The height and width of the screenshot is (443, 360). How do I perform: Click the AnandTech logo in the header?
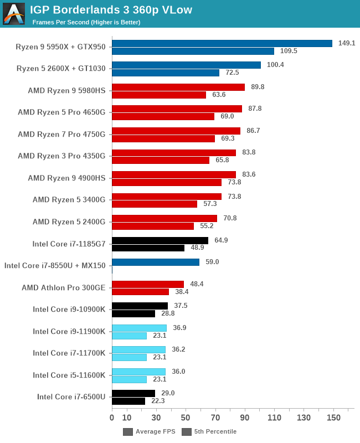coord(14,14)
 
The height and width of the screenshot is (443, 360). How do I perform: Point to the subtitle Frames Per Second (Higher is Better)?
coord(86,22)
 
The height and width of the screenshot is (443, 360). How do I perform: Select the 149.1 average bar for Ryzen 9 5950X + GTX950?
coord(222,43)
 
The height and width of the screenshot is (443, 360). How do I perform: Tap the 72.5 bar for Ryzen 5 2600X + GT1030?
coord(166,73)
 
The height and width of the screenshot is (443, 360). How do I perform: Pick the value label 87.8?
coord(255,109)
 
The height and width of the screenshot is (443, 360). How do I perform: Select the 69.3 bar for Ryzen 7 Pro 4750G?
coord(163,138)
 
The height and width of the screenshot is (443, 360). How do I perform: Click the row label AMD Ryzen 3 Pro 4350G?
coord(61,156)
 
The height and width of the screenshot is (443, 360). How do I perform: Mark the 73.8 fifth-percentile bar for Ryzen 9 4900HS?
coord(167,182)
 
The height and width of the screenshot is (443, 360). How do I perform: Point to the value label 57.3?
coord(210,204)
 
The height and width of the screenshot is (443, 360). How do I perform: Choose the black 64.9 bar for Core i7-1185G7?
coord(160,241)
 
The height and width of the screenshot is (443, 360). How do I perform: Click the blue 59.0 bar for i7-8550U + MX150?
coord(156,262)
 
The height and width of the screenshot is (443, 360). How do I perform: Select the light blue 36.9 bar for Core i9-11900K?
coord(139,328)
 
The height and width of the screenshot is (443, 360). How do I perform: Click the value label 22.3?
coord(158,401)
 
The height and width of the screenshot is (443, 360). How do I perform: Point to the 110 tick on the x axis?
coord(274,418)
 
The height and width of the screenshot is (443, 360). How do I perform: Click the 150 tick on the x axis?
coord(333,418)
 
